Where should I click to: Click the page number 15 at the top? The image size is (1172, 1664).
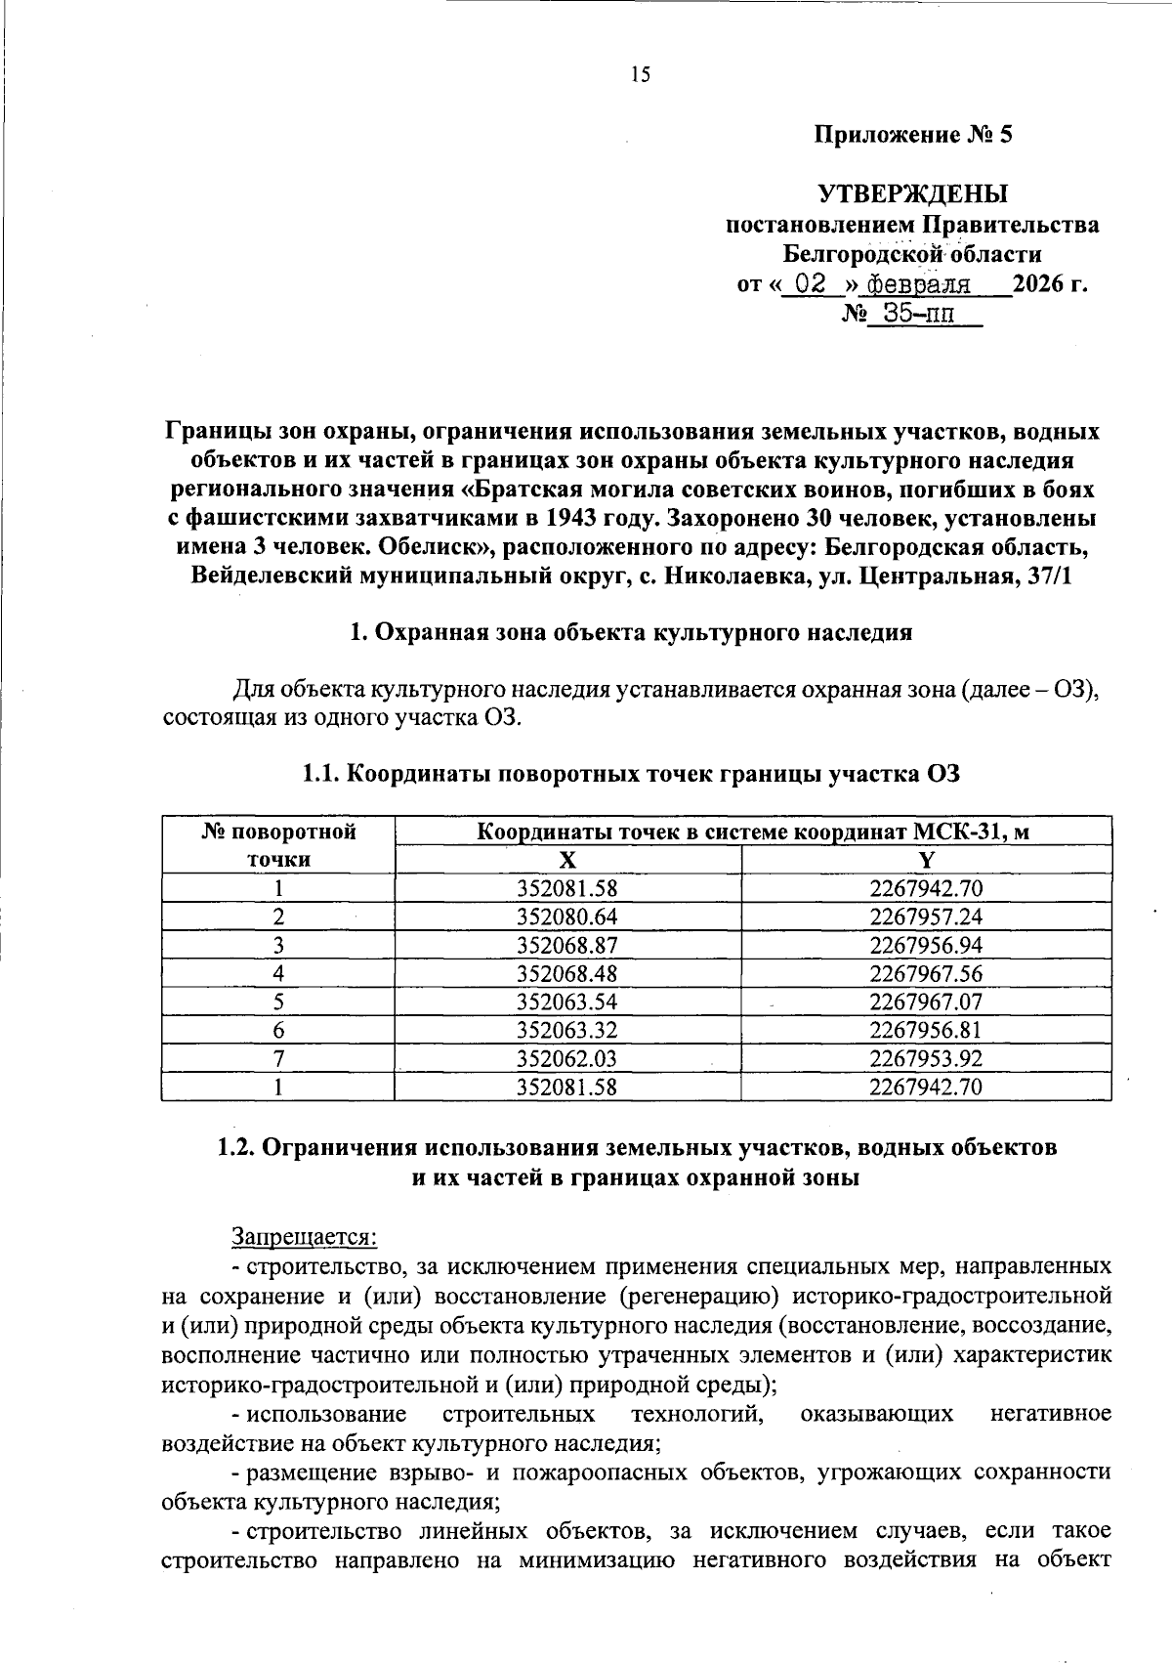click(x=640, y=74)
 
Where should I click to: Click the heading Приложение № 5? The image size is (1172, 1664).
click(x=913, y=135)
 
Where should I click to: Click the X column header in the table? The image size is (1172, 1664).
click(x=567, y=859)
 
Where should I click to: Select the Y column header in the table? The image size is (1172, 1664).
click(x=926, y=859)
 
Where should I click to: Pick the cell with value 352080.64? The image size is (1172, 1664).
click(x=567, y=917)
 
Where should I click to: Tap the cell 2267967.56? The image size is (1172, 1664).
click(x=926, y=973)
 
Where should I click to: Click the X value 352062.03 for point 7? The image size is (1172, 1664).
click(x=567, y=1058)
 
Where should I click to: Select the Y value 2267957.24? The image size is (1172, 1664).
click(x=926, y=917)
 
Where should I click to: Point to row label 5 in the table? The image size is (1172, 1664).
click(x=278, y=1002)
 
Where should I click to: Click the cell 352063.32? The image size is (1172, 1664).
click(x=567, y=1030)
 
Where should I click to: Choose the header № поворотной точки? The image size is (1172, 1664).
click(x=278, y=845)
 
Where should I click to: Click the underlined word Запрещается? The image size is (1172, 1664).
click(x=304, y=1236)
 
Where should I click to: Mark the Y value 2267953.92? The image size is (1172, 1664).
click(x=926, y=1058)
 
